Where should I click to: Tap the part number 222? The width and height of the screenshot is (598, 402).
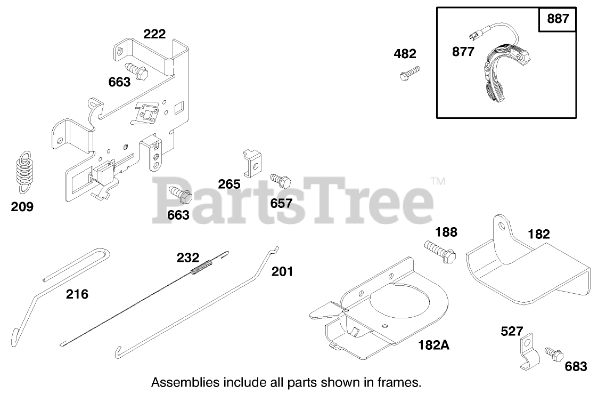[154, 34]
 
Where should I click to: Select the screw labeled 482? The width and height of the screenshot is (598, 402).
[409, 73]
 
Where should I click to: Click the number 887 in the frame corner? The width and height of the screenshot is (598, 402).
[558, 19]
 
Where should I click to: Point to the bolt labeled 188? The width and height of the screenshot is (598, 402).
[440, 251]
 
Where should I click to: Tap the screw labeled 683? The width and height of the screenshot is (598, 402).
[553, 353]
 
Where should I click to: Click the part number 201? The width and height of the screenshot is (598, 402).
[282, 271]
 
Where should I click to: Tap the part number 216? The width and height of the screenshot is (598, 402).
[77, 294]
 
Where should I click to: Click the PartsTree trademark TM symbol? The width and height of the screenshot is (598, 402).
[438, 182]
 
